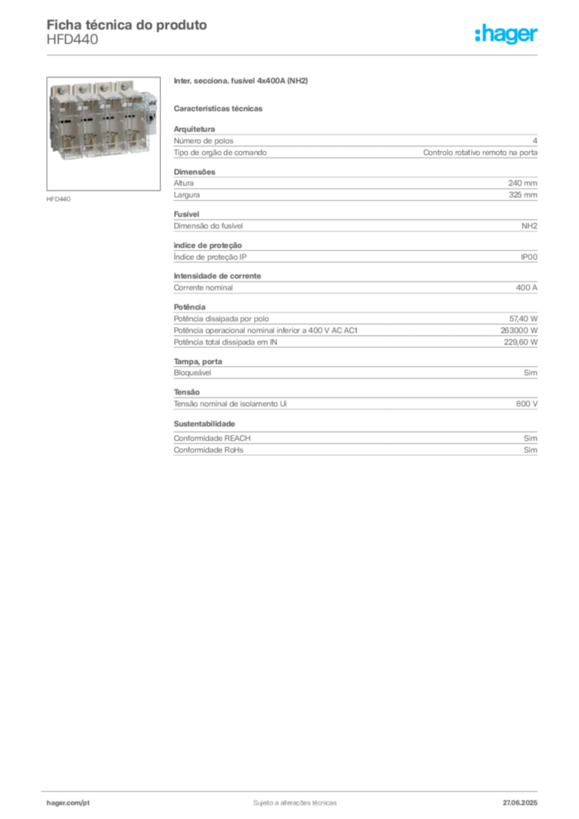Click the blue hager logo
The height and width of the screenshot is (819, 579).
[x=507, y=35]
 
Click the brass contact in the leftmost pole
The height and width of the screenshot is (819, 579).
[x=66, y=138]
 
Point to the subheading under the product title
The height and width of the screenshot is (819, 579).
[x=220, y=107]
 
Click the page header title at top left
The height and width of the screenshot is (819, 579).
[x=128, y=26]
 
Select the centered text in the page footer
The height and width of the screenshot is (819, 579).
[x=289, y=801]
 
